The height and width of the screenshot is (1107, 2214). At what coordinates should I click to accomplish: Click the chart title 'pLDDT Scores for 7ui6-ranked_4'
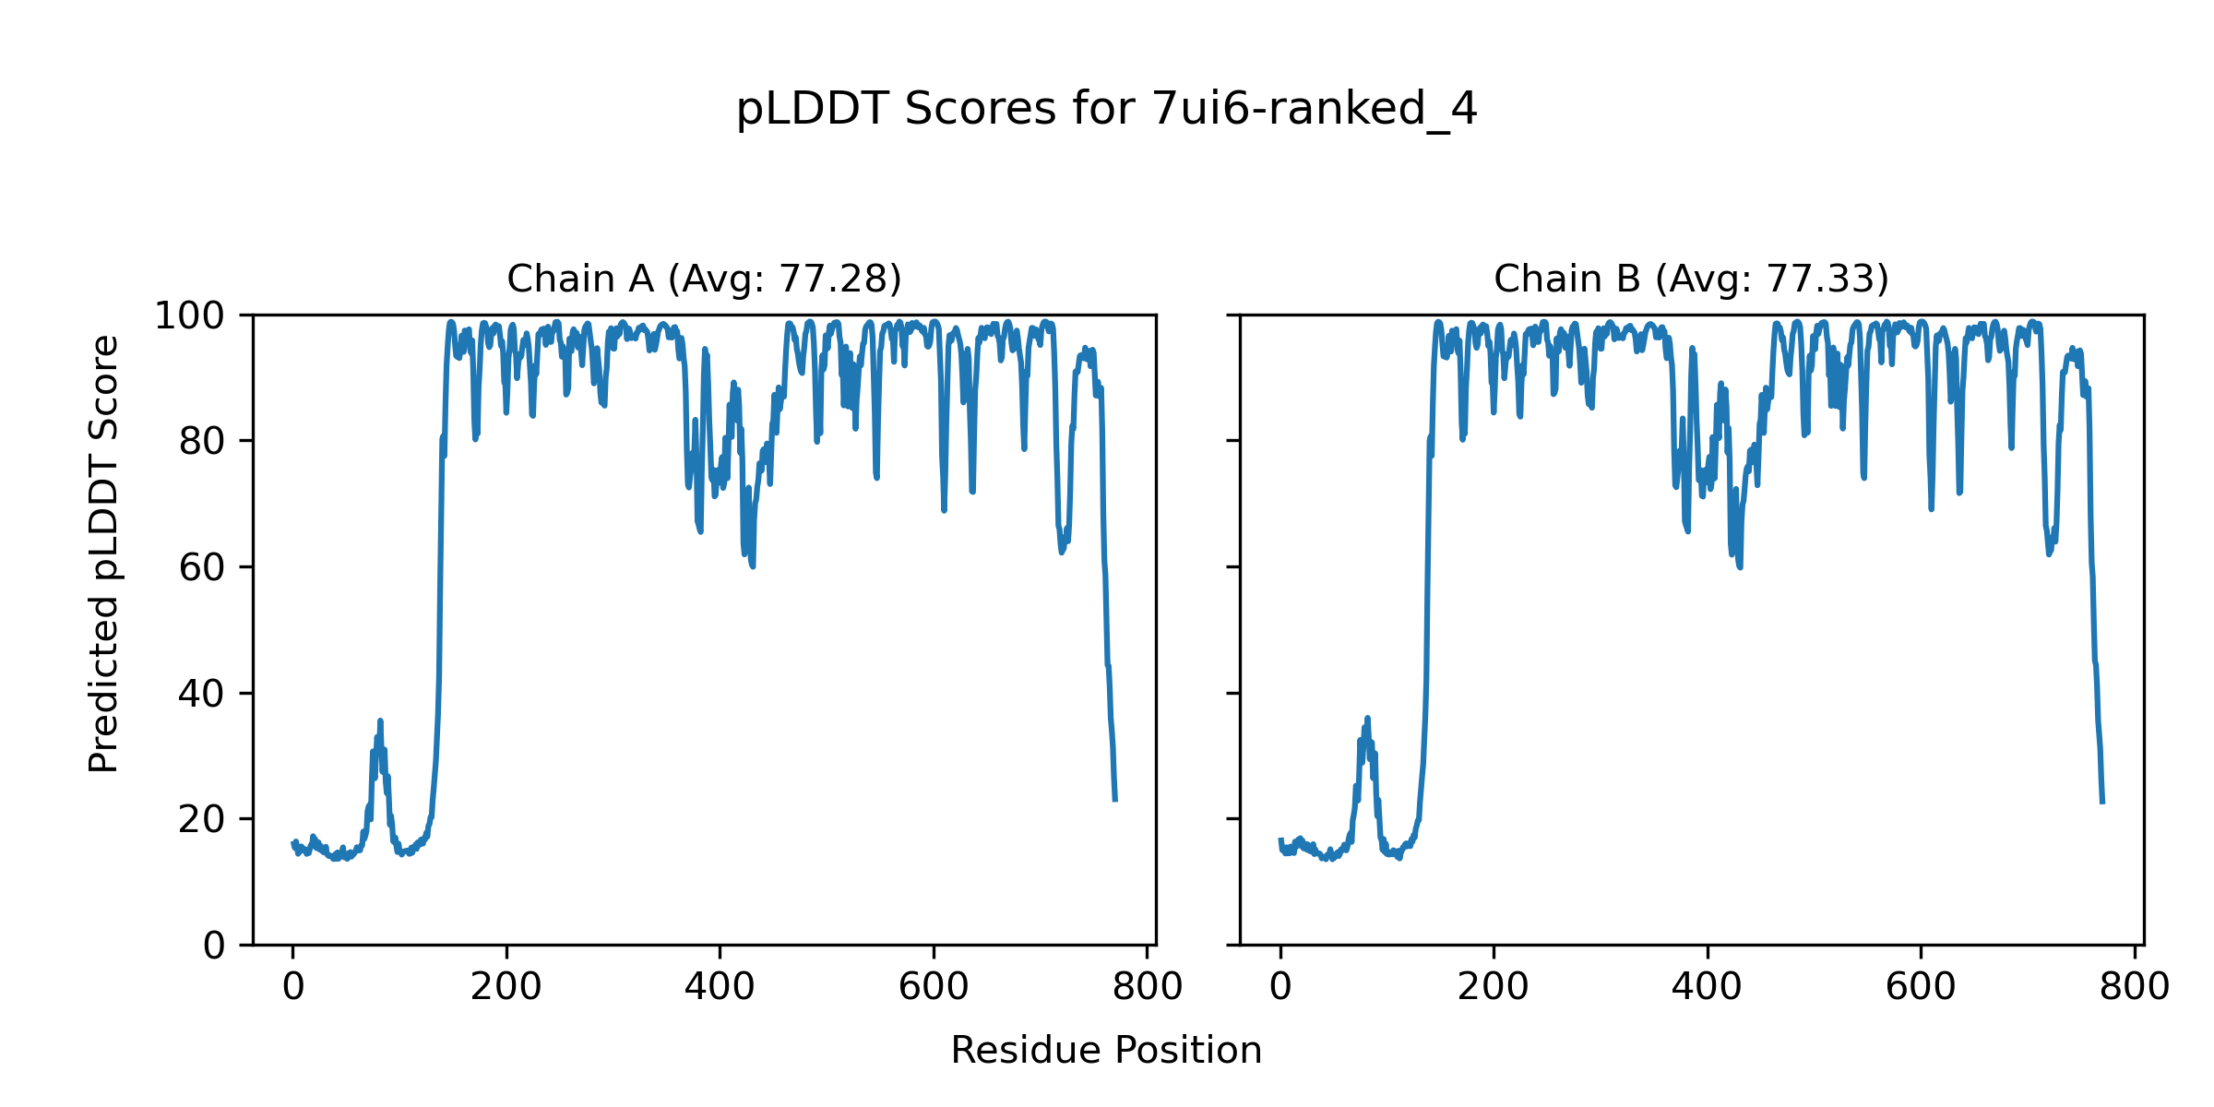1106,110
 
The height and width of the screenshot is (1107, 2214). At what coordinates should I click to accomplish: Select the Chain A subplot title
704,279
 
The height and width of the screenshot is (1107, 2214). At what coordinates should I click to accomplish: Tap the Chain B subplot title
1691,279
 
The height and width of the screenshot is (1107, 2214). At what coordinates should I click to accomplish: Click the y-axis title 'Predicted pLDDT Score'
103,553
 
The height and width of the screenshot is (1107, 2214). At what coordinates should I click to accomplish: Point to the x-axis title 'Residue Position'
1106,1051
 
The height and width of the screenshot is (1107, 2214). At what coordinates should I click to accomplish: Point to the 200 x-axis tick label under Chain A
506,988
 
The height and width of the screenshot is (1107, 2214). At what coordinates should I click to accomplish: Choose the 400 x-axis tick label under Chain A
720,988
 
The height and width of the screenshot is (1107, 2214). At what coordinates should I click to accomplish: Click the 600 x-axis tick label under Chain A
934,988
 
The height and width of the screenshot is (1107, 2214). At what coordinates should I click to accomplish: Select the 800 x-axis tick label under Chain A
1147,988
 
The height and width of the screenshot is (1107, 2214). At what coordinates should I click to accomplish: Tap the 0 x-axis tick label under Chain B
1280,988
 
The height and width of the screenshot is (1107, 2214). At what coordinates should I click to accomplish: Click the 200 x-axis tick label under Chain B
1494,988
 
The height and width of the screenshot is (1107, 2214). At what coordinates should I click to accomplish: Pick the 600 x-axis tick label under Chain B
1921,988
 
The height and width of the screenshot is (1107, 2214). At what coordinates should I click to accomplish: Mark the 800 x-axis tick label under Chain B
2134,988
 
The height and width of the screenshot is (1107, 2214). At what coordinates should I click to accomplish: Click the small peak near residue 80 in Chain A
380,722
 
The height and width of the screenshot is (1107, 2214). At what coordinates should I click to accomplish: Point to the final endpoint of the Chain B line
2102,803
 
